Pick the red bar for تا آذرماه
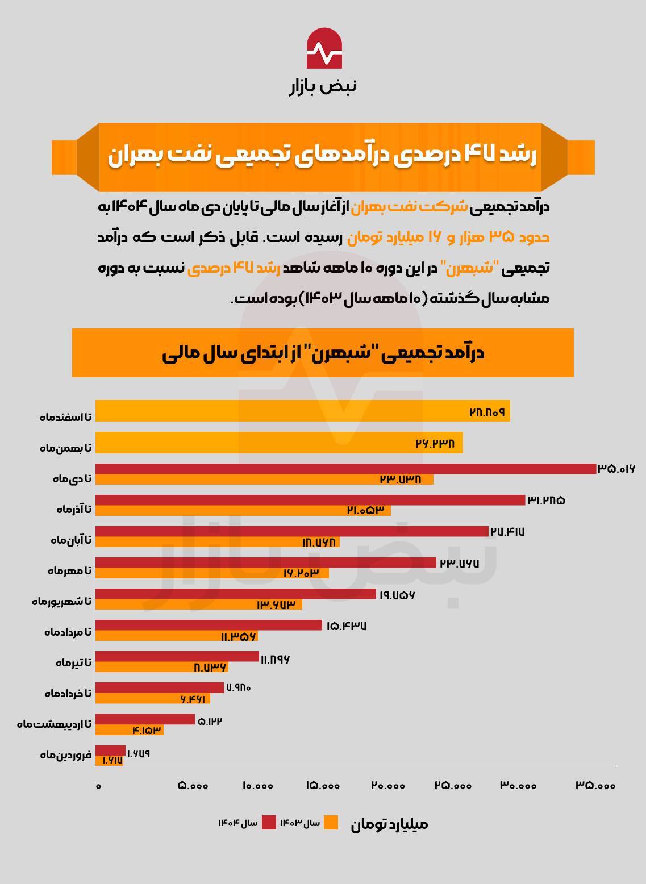310,500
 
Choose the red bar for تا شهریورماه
235,594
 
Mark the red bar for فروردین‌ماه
110,750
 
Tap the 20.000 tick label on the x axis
389,786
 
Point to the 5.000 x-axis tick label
193,786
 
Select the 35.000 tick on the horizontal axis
595,786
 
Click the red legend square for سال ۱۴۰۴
269,822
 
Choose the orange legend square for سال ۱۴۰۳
331,822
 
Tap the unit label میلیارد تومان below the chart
389,824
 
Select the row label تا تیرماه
73,662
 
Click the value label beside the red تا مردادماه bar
346,626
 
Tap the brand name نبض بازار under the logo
323,86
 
